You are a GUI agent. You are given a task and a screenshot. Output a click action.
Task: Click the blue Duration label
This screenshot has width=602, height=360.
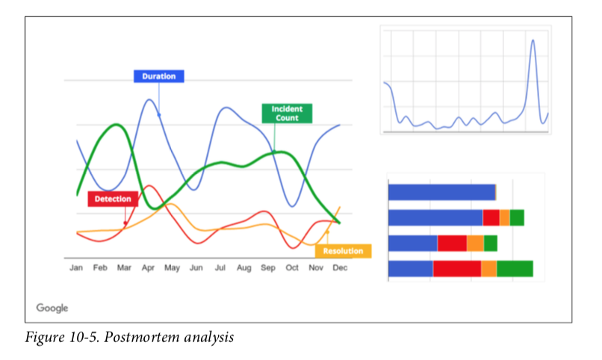158,76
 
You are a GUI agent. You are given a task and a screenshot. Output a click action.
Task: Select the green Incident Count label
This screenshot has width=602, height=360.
287,114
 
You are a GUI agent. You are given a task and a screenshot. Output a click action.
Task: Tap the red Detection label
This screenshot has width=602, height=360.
114,199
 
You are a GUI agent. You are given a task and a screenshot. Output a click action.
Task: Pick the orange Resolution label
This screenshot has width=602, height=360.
343,251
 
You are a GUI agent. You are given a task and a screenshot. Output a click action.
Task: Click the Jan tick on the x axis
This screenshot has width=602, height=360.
76,267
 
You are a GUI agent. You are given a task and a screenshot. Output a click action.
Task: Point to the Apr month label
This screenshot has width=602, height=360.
148,267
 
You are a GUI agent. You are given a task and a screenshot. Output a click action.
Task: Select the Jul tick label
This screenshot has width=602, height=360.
220,267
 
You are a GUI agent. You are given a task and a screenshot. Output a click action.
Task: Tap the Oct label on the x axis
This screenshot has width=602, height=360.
292,267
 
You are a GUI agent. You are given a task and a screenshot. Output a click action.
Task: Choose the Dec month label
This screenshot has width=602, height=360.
339,267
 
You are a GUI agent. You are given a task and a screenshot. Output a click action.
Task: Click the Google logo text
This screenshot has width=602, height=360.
52,308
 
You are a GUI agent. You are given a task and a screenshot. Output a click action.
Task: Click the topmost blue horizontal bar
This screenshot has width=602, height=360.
441,192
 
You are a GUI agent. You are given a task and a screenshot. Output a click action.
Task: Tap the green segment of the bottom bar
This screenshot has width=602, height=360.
515,269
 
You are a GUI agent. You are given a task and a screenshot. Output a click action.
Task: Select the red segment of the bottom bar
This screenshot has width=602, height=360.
456,269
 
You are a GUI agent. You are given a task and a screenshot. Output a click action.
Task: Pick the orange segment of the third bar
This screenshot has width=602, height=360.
475,243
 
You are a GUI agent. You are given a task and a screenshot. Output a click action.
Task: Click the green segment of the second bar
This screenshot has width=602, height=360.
517,217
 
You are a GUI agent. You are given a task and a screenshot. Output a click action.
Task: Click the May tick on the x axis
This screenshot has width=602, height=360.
172,267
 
